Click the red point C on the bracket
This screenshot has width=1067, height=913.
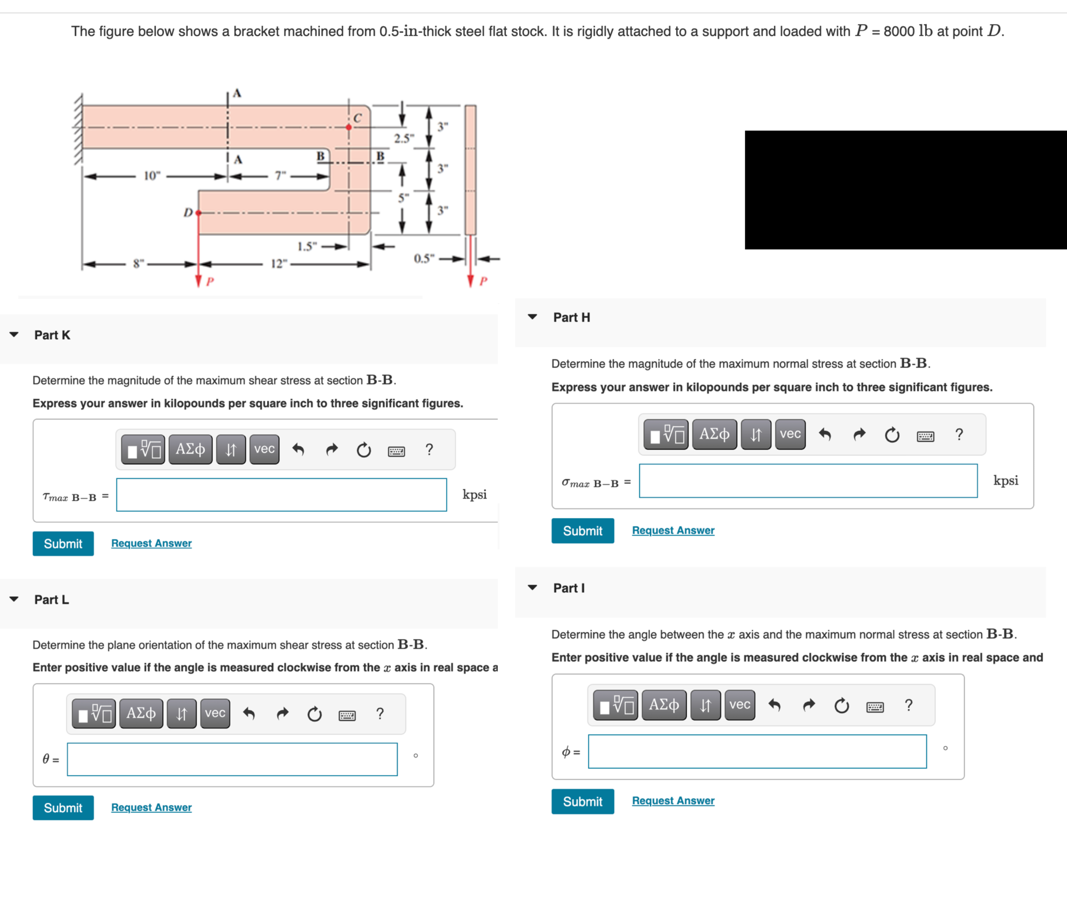[349, 127]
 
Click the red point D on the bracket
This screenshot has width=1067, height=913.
[198, 212]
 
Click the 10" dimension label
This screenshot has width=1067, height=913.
[151, 176]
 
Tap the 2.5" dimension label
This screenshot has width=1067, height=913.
[403, 138]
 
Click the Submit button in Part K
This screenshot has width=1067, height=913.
[63, 543]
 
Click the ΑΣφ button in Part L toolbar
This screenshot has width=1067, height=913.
[141, 713]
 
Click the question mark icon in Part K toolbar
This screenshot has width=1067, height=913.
[429, 450]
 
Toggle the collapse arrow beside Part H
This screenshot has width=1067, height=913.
[532, 317]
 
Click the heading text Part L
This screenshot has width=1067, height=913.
[52, 599]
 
